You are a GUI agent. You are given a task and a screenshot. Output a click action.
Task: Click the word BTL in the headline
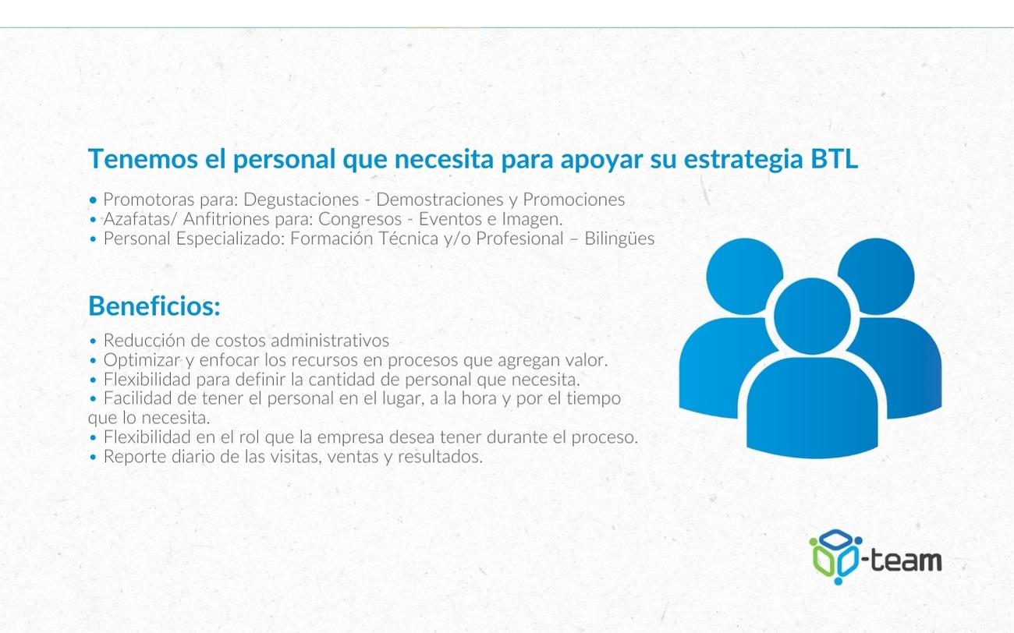coord(834,158)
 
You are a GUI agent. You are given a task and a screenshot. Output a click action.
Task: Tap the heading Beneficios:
coord(154,306)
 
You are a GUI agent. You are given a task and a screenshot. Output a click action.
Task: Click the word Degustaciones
coord(301,200)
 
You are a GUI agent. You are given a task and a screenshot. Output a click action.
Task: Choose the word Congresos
coord(360,220)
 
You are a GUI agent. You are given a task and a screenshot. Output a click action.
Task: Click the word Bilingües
coord(619,239)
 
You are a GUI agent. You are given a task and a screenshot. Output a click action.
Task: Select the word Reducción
coord(145,340)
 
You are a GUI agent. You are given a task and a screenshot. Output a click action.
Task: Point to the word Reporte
coord(134,457)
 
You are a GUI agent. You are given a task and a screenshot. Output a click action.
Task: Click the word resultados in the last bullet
coord(440,457)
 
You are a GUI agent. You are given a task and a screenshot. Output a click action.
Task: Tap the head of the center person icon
coord(812,316)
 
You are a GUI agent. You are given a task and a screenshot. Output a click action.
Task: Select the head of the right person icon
coord(877,277)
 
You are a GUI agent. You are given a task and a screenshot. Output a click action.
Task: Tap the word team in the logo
coord(906,561)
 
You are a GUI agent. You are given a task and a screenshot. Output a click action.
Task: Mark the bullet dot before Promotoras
coord(94,200)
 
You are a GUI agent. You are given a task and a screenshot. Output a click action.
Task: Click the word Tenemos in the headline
coord(143,158)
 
